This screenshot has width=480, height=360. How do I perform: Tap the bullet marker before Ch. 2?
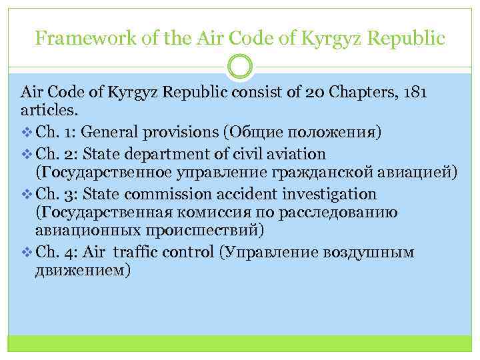point(26,155)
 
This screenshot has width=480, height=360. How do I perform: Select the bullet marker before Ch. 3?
point(26,195)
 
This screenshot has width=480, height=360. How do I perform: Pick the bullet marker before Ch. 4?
point(26,252)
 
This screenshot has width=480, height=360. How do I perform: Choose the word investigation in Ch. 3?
point(329,195)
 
